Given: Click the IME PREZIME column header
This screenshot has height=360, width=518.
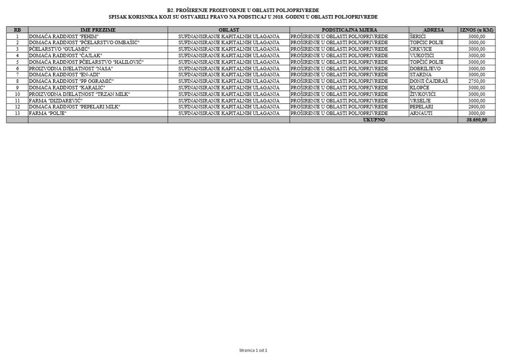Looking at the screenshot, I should [x=98, y=30].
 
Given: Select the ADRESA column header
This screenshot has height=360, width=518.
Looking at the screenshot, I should [x=434, y=30].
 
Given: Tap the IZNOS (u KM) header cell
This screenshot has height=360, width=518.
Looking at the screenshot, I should [x=476, y=30].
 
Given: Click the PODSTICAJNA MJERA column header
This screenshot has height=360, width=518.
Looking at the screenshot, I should [x=349, y=30].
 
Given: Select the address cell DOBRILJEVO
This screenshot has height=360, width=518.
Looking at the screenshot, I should [x=425, y=68].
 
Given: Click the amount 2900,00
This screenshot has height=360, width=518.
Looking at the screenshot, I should [x=476, y=107].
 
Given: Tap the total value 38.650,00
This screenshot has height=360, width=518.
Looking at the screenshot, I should [x=476, y=120].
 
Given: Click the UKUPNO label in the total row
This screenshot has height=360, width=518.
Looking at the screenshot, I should [x=374, y=120].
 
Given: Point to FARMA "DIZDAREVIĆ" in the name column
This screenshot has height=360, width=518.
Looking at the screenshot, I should [x=56, y=100].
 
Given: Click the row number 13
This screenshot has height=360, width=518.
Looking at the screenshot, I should [x=17, y=113].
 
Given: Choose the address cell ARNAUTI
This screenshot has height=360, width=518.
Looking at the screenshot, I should [x=421, y=113].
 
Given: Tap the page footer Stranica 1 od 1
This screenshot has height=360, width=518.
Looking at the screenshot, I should [x=253, y=350].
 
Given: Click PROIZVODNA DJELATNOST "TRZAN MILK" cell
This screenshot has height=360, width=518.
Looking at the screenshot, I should [x=79, y=94].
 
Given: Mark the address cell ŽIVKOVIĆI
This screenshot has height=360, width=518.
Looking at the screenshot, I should [x=423, y=94].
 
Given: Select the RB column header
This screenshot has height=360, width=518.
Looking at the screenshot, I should [x=17, y=30].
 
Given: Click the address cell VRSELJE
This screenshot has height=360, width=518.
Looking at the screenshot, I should [x=420, y=100].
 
